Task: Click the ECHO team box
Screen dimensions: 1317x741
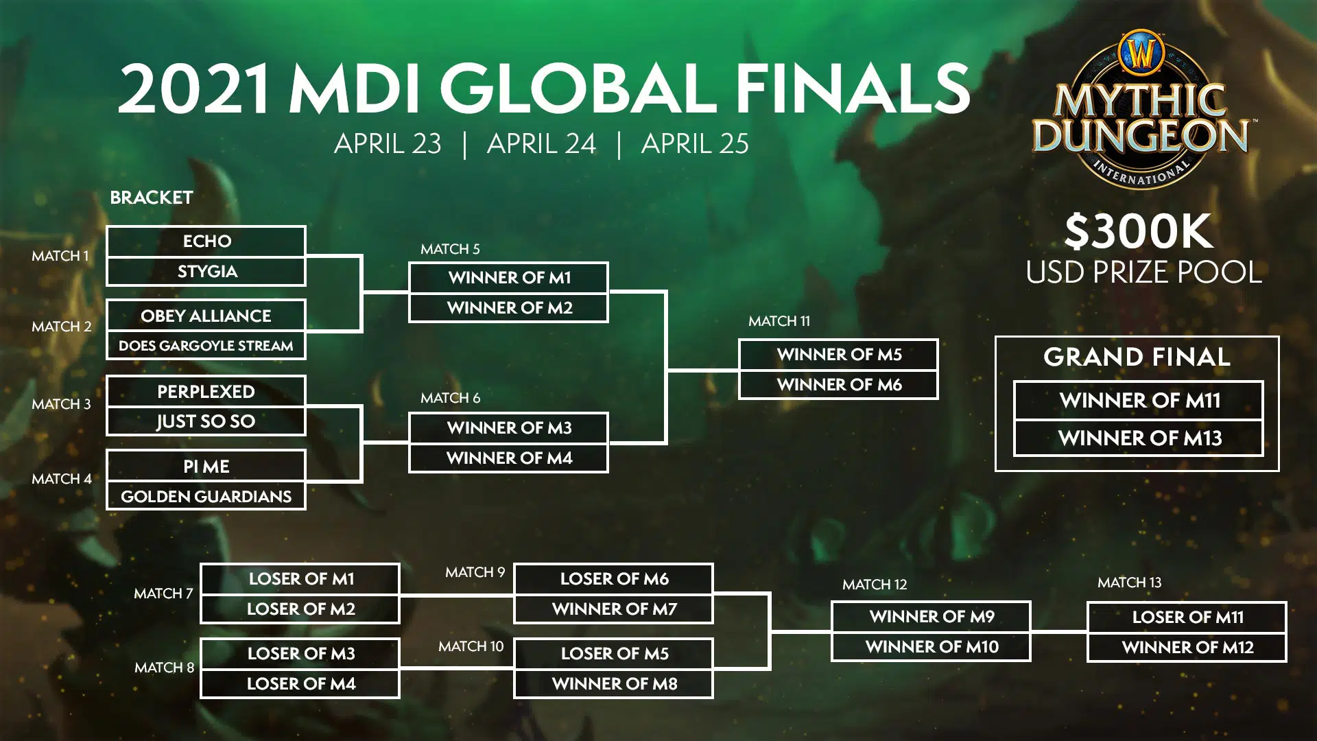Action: click(206, 241)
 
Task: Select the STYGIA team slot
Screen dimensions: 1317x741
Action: click(206, 272)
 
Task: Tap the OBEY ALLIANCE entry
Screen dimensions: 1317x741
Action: click(206, 316)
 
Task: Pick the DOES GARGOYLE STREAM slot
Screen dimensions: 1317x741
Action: click(206, 346)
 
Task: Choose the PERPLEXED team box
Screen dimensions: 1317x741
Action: click(206, 391)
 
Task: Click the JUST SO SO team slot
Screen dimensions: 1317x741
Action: click(206, 421)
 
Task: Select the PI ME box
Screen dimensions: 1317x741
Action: click(206, 466)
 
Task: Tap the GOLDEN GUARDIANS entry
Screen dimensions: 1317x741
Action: click(206, 496)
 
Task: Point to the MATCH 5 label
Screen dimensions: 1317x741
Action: click(450, 249)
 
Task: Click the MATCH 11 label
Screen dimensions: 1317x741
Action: click(779, 321)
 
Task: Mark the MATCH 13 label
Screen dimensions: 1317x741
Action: click(1129, 583)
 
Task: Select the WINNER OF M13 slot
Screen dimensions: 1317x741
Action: click(1139, 438)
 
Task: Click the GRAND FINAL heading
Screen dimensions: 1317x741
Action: click(1137, 357)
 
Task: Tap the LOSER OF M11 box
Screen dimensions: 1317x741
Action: click(1187, 617)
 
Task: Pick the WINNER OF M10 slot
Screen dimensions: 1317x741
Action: click(931, 647)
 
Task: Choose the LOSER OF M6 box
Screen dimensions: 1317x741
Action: click(614, 578)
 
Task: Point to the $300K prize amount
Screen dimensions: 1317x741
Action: click(1139, 231)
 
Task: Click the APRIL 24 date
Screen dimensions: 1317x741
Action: click(541, 143)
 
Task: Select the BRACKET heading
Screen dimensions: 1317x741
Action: click(152, 198)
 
